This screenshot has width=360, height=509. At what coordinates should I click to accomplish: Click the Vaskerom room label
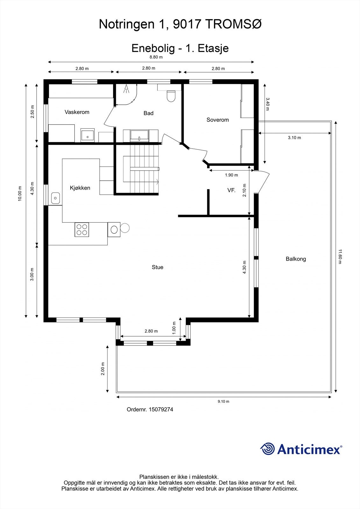[77, 112]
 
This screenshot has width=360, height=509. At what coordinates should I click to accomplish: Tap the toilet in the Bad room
[171, 96]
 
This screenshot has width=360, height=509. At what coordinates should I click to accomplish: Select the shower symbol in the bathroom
[126, 89]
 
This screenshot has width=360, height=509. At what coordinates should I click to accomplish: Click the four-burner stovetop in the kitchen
[82, 230]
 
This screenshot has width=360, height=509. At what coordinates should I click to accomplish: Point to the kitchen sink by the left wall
[56, 198]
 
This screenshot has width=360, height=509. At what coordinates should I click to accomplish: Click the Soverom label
[217, 120]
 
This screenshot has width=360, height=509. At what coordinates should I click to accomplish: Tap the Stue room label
[157, 267]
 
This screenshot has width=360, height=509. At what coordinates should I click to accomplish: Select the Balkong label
[296, 259]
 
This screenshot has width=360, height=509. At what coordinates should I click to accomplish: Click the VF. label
[231, 190]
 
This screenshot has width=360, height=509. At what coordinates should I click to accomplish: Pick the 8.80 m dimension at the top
[156, 57]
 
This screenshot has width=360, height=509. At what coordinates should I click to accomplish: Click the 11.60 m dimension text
[340, 256]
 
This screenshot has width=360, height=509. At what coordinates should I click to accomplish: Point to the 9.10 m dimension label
[223, 401]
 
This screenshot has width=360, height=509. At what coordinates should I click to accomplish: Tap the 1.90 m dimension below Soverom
[231, 175]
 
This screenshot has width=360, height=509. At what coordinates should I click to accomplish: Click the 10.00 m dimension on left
[20, 193]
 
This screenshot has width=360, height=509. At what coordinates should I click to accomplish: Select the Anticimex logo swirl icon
[267, 449]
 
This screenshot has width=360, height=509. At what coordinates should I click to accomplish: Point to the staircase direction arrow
[157, 182]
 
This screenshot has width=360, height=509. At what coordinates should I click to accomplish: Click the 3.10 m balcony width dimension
[294, 138]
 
